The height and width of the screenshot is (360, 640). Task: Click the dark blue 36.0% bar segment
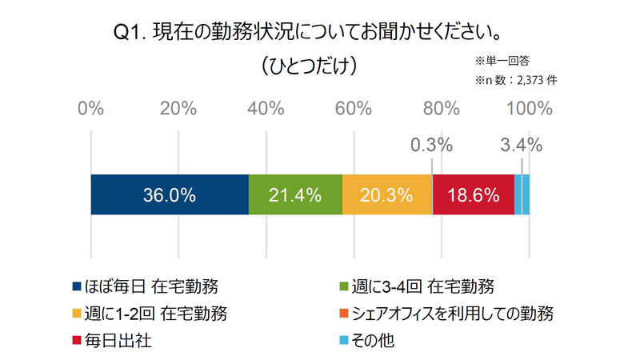click(x=170, y=194)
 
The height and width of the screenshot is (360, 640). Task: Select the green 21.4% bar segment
click(x=295, y=194)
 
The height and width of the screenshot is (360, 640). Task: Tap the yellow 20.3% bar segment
click(x=386, y=194)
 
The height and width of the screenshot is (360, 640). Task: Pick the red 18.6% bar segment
click(x=473, y=194)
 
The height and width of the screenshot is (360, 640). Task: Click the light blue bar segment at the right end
click(x=526, y=194)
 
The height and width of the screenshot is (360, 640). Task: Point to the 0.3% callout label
click(x=431, y=146)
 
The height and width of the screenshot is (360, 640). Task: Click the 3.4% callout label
click(x=521, y=146)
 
